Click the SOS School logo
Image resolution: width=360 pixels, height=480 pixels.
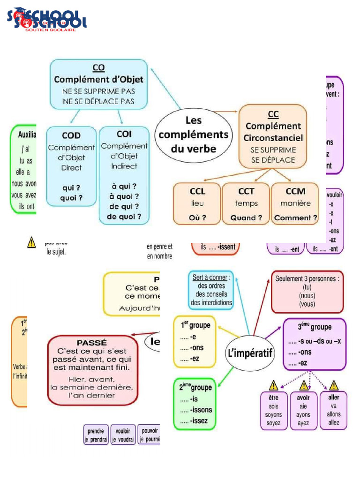(47, 20)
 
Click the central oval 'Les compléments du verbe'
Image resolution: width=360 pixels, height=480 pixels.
(194, 135)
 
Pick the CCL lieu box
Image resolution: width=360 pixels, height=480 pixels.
(197, 204)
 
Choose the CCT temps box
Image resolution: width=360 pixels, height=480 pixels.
(246, 204)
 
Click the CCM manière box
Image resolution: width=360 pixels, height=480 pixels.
(295, 204)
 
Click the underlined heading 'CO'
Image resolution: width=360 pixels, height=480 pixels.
(98, 67)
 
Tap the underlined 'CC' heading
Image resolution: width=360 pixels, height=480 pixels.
(273, 114)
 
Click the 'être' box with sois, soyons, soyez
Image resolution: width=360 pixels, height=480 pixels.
(273, 411)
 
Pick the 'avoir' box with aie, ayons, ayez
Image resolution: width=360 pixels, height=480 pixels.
(303, 411)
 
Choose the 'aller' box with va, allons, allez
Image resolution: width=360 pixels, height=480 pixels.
(333, 410)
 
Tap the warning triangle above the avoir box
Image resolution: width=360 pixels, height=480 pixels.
(303, 385)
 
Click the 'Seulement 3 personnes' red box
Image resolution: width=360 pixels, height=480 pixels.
(307, 291)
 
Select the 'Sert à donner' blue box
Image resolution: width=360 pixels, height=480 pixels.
(211, 290)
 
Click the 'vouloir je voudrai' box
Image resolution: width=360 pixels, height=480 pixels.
(123, 435)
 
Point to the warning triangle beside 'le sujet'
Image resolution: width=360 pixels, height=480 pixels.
(31, 242)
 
